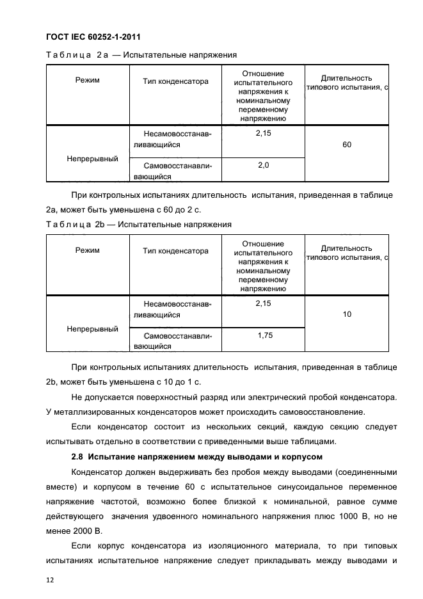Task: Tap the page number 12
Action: [50, 580]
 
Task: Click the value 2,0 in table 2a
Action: [263, 165]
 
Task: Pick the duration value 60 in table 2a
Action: [346, 145]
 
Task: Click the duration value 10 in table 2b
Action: [346, 314]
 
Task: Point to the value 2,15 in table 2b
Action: [263, 303]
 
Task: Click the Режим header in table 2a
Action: [87, 81]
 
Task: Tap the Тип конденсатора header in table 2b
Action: [175, 251]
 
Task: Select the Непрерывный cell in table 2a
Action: [92, 159]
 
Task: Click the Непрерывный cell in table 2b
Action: [92, 329]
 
